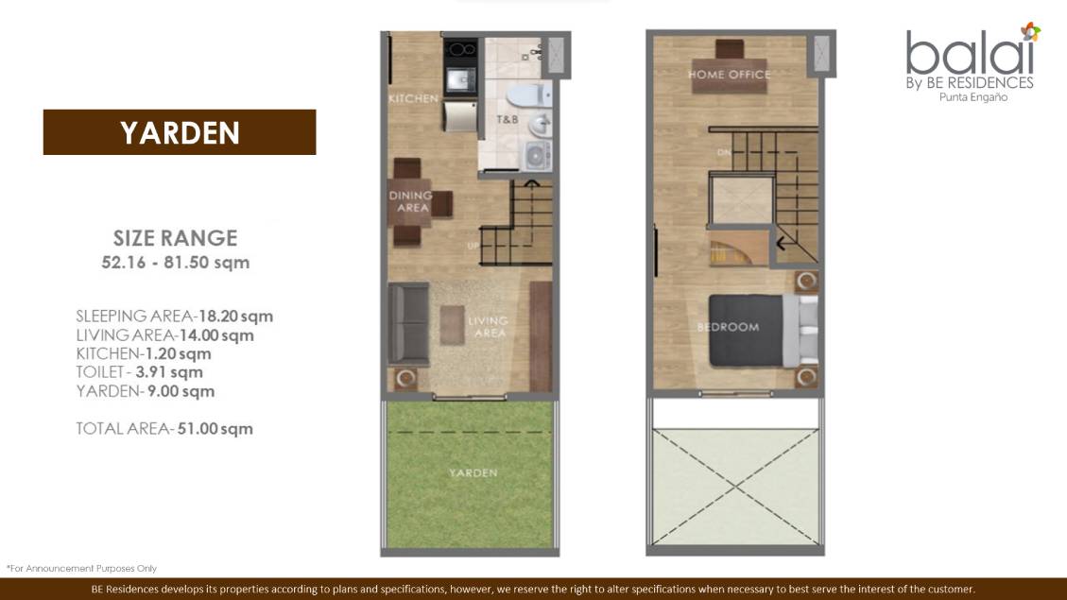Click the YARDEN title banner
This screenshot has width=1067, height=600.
[x=180, y=132]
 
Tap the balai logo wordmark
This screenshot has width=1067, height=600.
[x=970, y=52]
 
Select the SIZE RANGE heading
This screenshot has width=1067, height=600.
[x=176, y=238]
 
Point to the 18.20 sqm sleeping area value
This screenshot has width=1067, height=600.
[x=235, y=317]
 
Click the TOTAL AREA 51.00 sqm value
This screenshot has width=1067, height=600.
[x=215, y=429]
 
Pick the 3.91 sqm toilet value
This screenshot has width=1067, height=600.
[x=169, y=372]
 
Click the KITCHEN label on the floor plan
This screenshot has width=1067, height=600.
[x=413, y=98]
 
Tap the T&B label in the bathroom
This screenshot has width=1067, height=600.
[x=507, y=120]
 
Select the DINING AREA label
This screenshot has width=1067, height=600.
[x=411, y=201]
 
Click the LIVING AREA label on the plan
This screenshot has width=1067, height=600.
[x=489, y=327]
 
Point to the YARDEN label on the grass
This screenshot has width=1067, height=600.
[x=473, y=472]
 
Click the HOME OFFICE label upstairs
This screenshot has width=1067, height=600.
[x=730, y=74]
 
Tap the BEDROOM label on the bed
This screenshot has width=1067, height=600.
[x=728, y=327]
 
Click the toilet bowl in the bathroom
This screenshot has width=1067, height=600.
[x=528, y=95]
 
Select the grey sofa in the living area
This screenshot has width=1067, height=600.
[x=408, y=324]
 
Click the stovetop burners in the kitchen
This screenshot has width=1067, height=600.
[x=460, y=49]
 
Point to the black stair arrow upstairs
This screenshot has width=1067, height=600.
[x=787, y=242]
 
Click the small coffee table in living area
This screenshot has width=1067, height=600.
[x=452, y=325]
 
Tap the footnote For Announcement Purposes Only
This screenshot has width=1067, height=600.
[x=81, y=568]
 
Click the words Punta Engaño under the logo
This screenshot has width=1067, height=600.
[x=973, y=97]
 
